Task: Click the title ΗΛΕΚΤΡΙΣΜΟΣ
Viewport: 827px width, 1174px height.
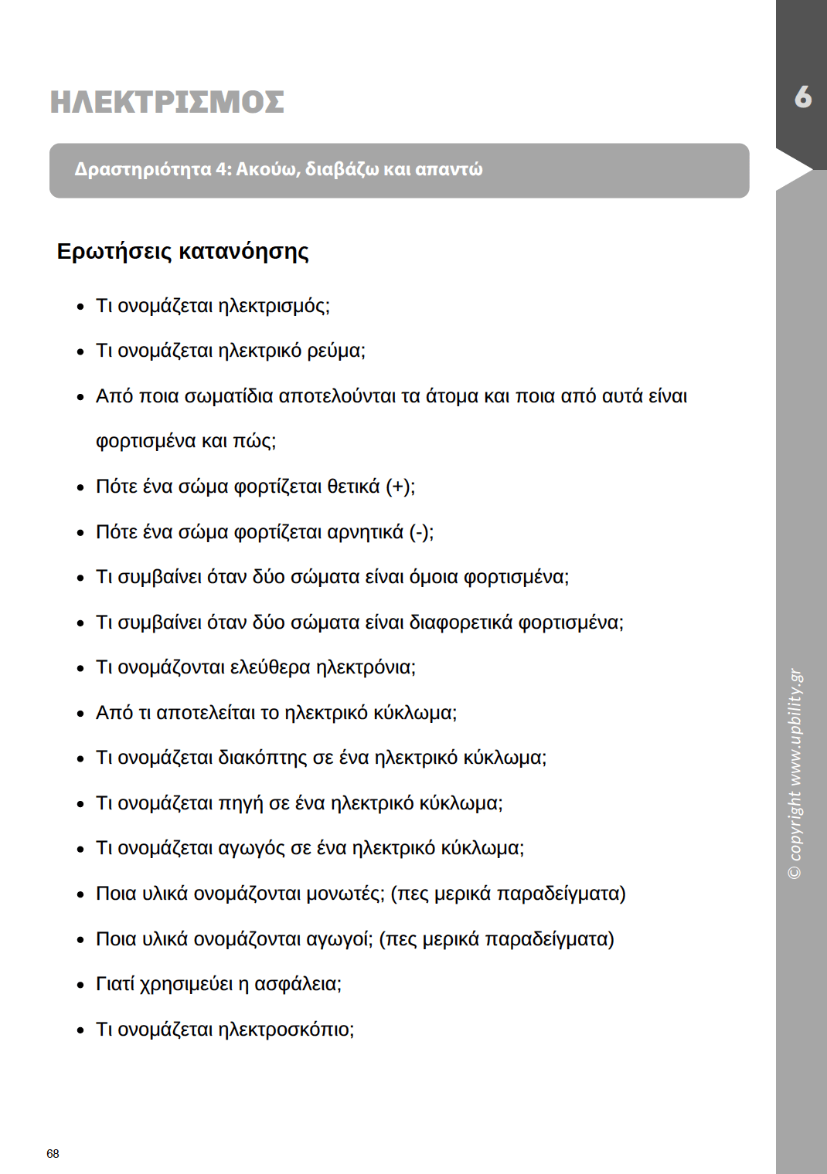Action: (167, 102)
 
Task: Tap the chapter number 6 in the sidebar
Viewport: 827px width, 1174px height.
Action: (803, 97)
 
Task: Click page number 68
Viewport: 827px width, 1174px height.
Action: (53, 1153)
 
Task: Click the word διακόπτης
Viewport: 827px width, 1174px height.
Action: (263, 758)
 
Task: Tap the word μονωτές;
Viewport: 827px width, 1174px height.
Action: (345, 894)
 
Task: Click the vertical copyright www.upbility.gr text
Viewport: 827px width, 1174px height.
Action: (795, 772)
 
